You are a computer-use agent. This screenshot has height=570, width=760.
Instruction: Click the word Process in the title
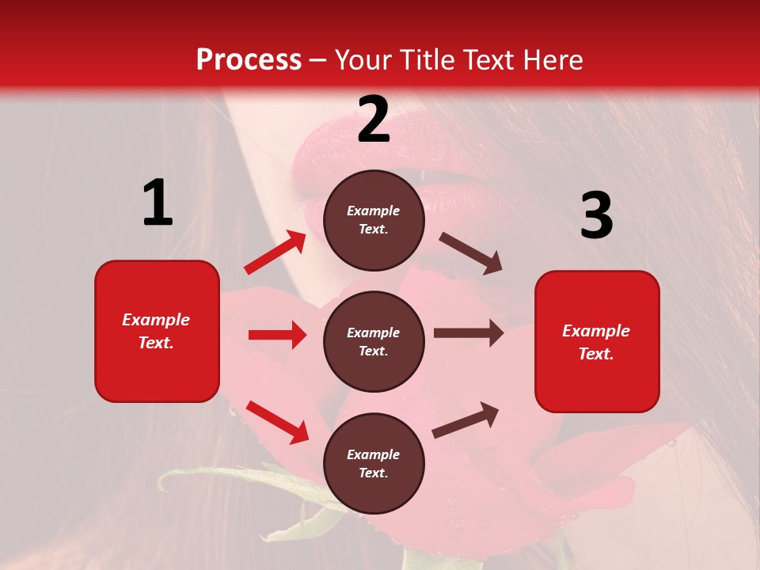(249, 60)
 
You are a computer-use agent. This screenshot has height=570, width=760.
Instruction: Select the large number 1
(158, 203)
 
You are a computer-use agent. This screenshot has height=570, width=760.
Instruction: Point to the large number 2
(374, 120)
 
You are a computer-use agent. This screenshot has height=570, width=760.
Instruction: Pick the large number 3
(596, 215)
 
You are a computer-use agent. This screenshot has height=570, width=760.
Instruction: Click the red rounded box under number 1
(157, 331)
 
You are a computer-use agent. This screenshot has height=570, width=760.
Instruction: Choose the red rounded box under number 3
(597, 341)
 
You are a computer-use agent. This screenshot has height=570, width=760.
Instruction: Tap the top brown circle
(374, 220)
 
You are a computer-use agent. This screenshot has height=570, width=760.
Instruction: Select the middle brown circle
(374, 341)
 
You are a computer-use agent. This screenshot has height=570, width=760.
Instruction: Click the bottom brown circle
(374, 463)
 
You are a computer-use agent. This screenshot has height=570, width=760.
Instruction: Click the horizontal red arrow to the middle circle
(277, 335)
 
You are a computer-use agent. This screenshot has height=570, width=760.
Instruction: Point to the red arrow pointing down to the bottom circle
(277, 422)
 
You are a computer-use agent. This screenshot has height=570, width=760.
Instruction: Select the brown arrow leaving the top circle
(470, 253)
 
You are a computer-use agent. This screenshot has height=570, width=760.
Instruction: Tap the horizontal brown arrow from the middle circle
(469, 333)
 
